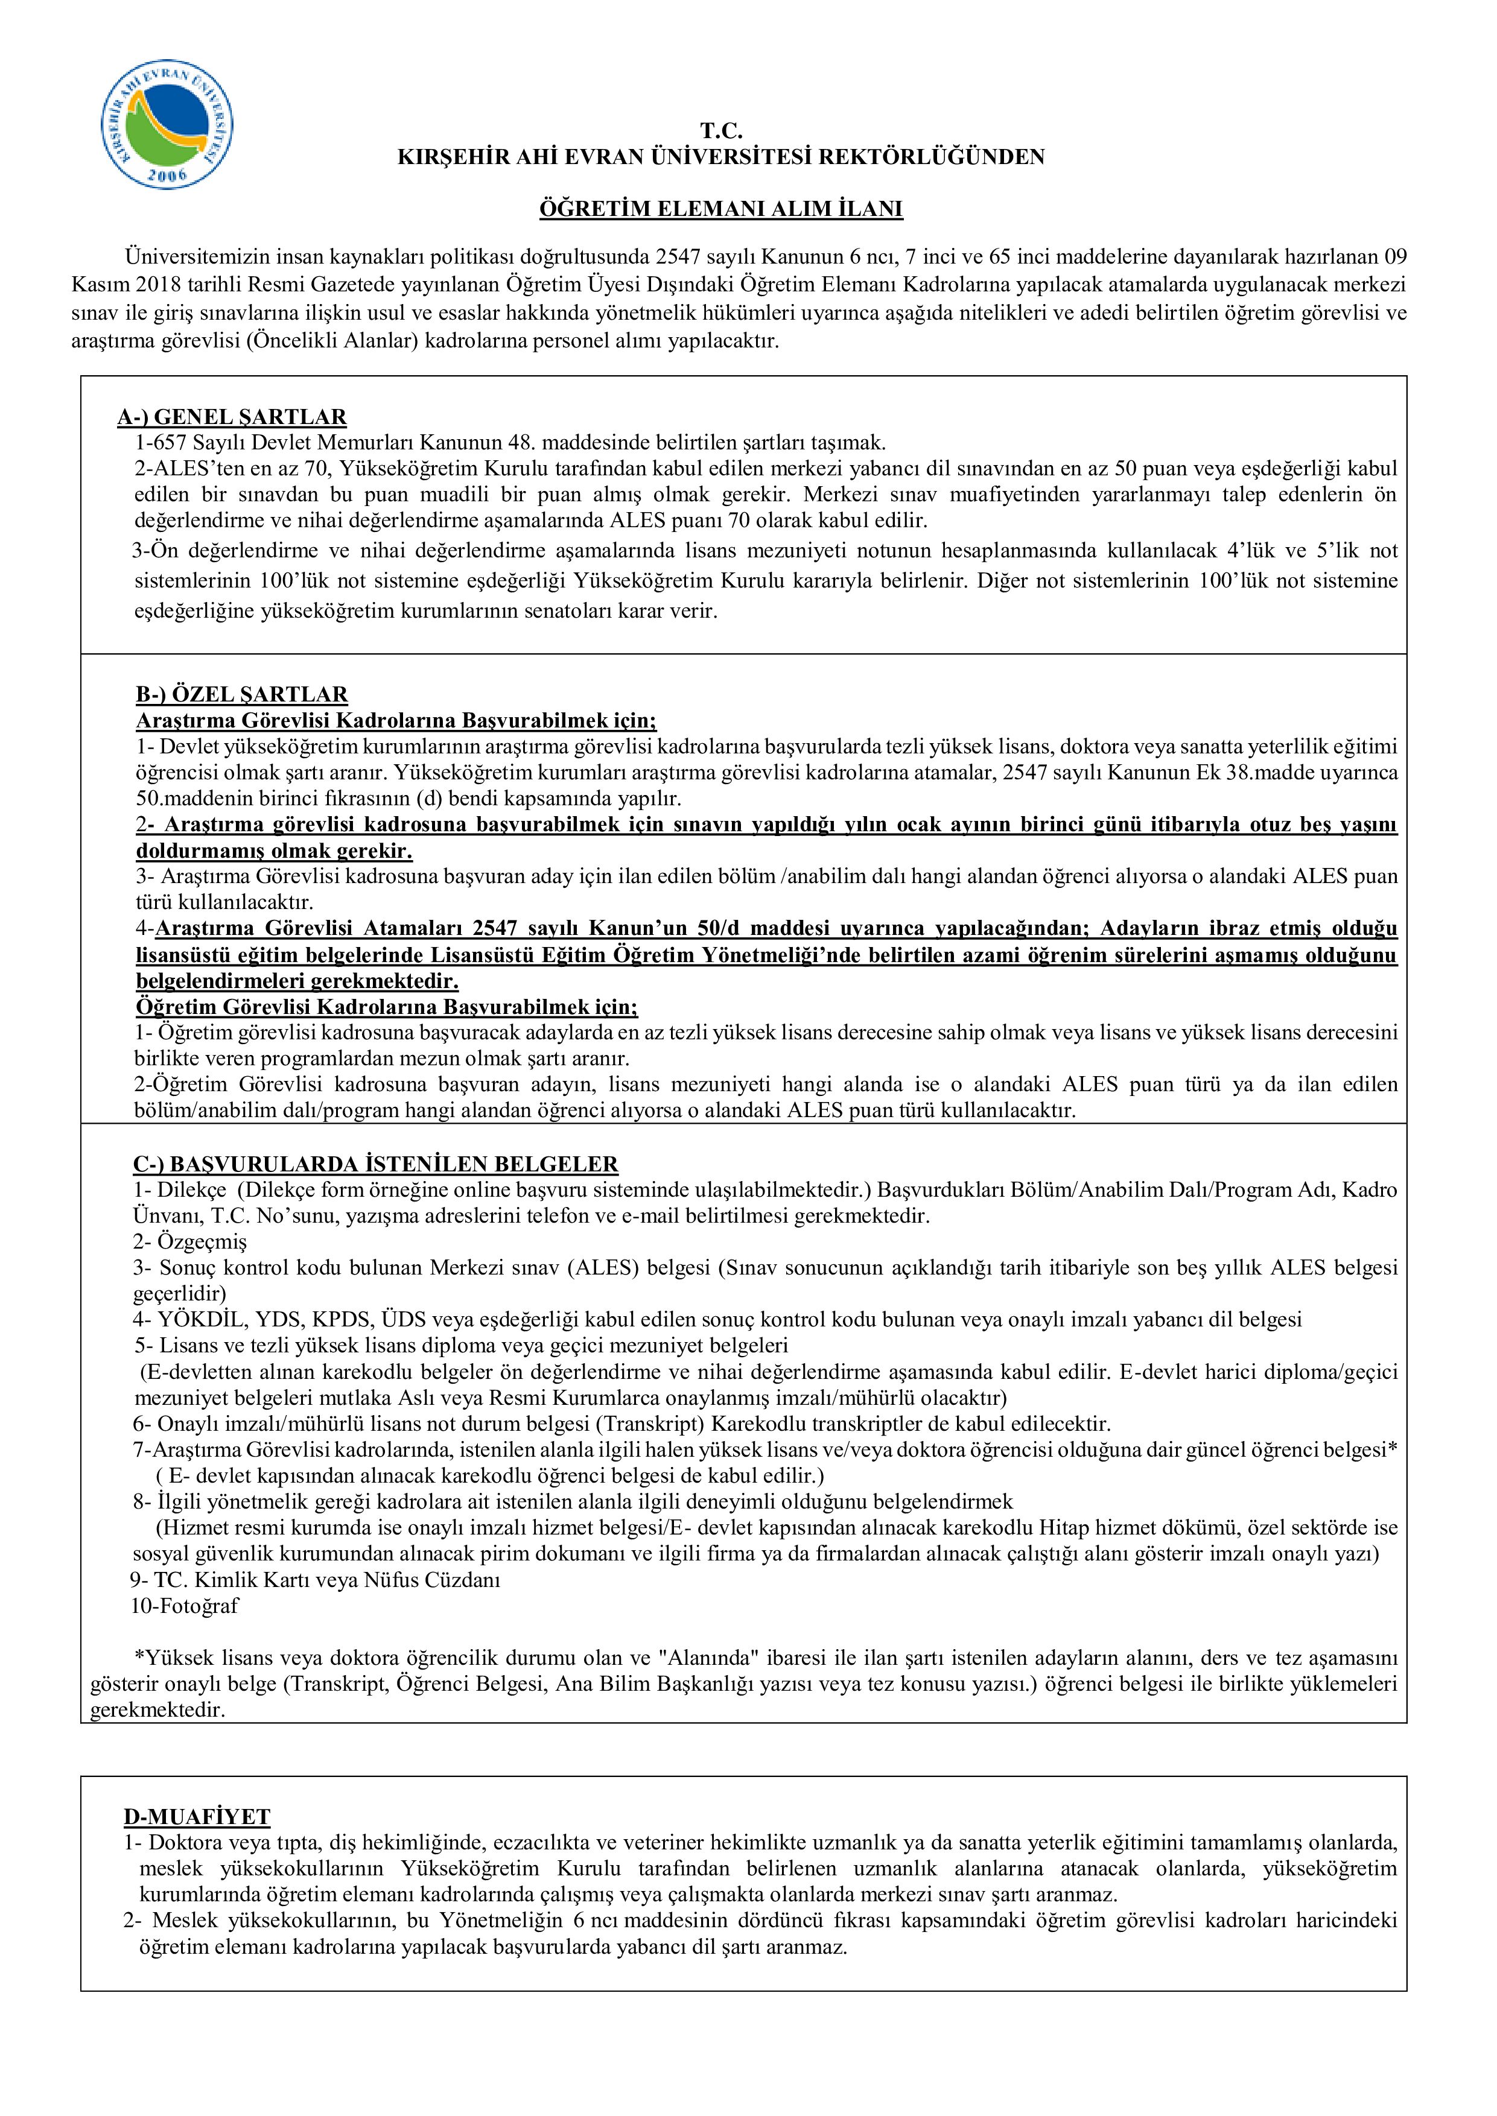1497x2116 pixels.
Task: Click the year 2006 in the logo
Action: click(167, 175)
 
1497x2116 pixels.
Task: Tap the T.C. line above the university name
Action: click(721, 131)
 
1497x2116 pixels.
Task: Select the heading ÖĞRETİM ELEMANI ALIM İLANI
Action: click(721, 209)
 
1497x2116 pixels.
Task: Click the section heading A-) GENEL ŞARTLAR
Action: click(231, 417)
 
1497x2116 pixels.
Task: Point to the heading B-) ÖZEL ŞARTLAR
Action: click(241, 694)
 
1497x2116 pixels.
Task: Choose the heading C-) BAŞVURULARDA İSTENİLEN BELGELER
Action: click(375, 1164)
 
